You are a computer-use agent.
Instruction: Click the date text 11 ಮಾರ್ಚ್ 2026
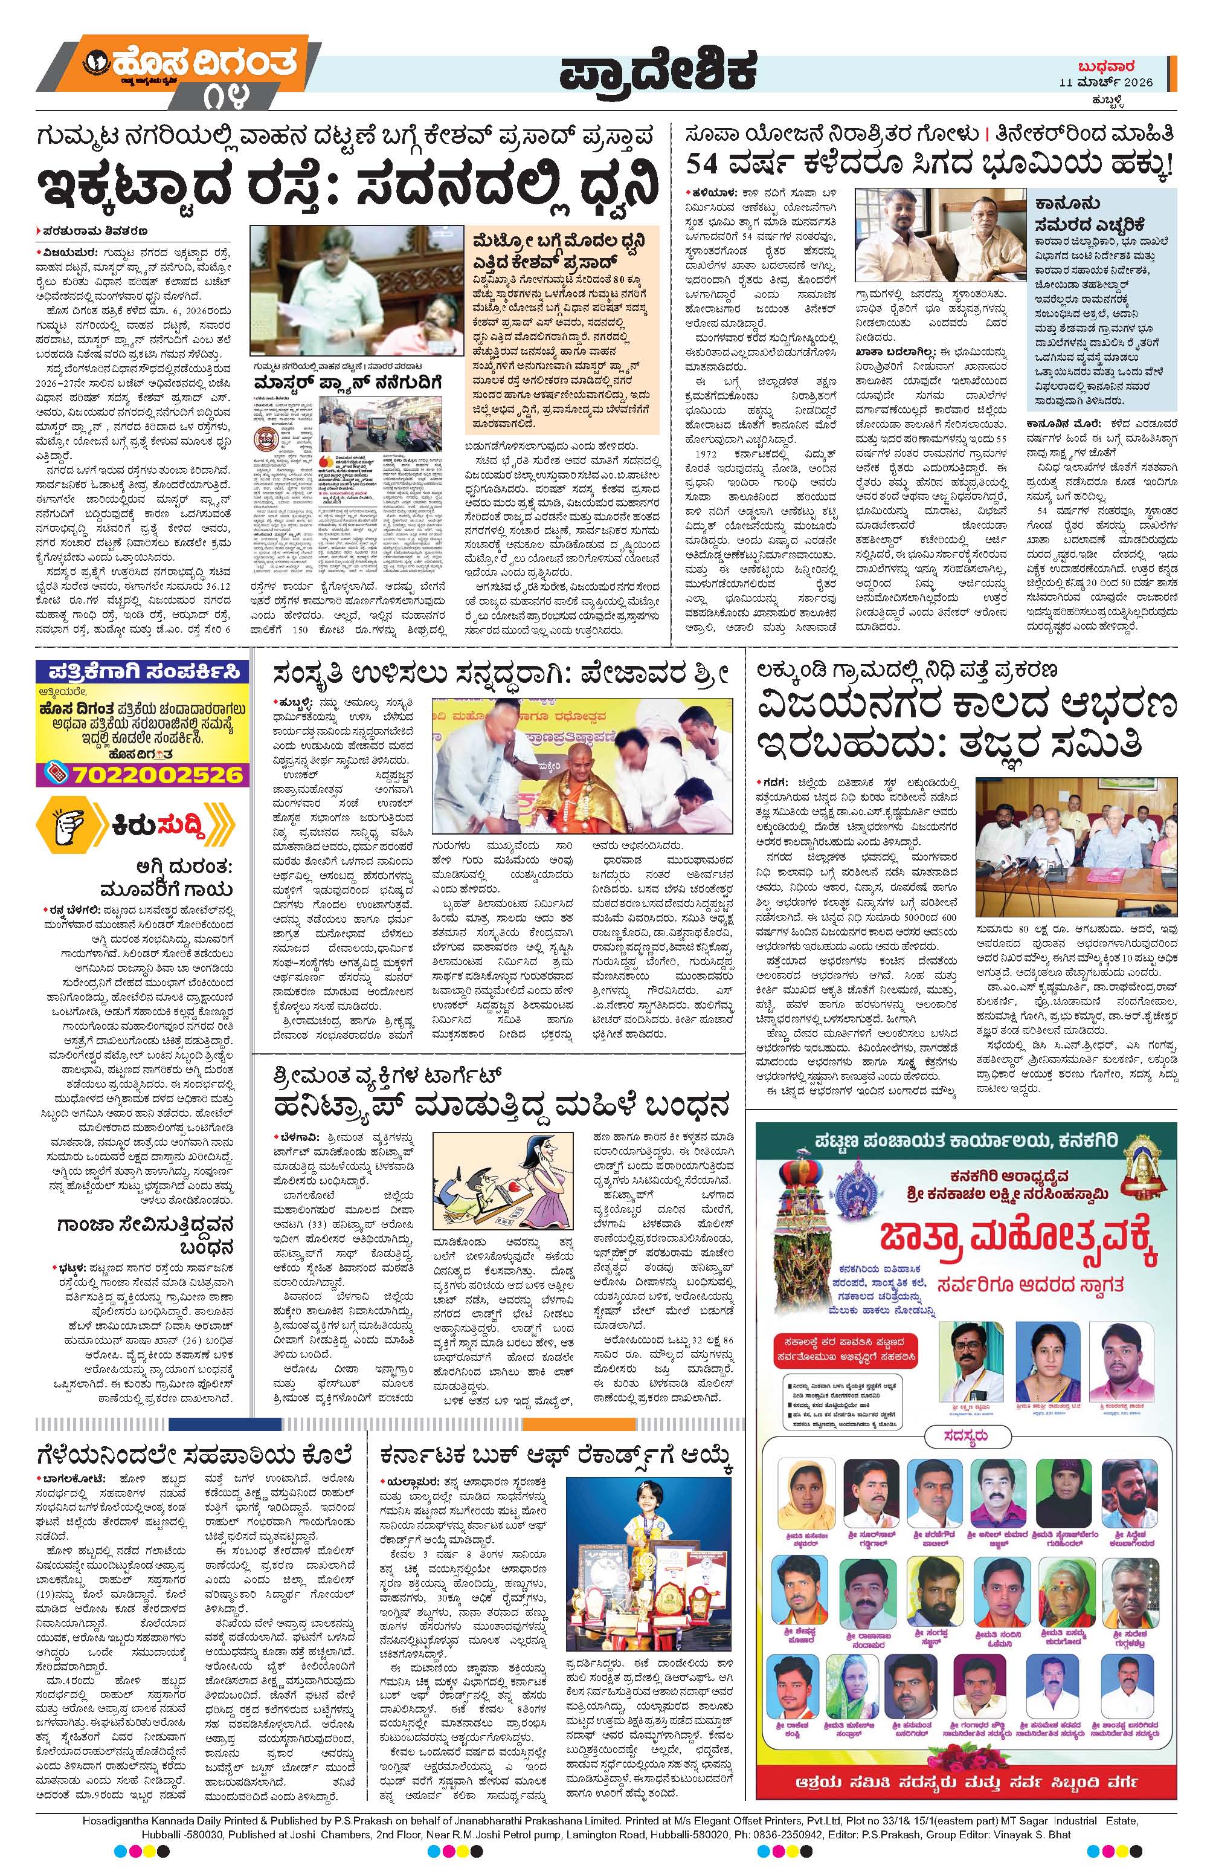coord(1106,83)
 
